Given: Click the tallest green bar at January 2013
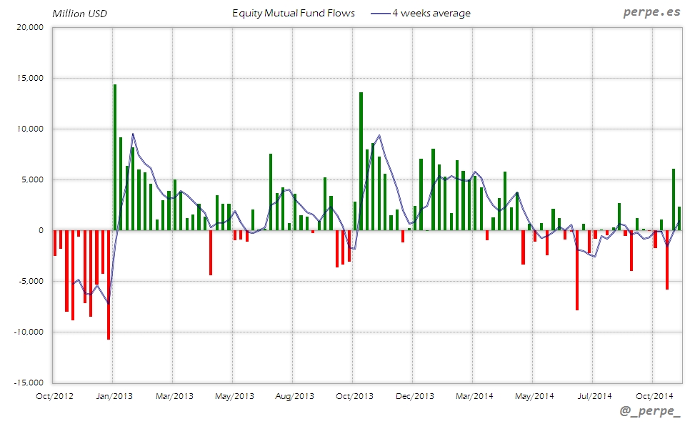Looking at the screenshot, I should coord(114,157).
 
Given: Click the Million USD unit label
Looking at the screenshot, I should coord(79,13).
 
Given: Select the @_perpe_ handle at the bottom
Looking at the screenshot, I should coord(651,412).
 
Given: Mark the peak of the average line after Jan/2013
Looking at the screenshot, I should coord(133,134).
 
